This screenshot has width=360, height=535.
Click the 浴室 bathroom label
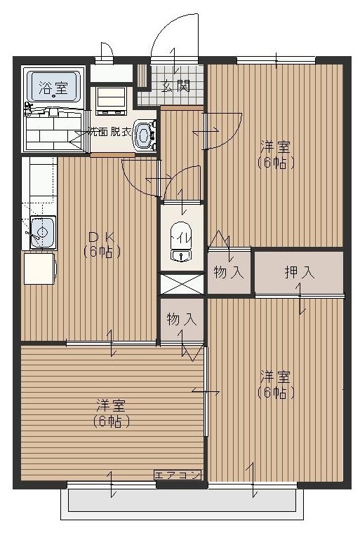(53, 88)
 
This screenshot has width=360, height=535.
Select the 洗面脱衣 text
(109, 131)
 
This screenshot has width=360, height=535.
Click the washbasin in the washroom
(145, 133)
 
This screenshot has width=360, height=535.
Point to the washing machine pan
(110, 100)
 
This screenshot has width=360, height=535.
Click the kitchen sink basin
(41, 231)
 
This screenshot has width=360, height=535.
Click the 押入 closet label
(299, 272)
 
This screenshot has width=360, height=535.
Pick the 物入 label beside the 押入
(228, 272)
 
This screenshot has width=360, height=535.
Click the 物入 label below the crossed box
(182, 319)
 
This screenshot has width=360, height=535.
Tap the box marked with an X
(182, 284)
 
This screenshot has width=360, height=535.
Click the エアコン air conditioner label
(178, 475)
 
